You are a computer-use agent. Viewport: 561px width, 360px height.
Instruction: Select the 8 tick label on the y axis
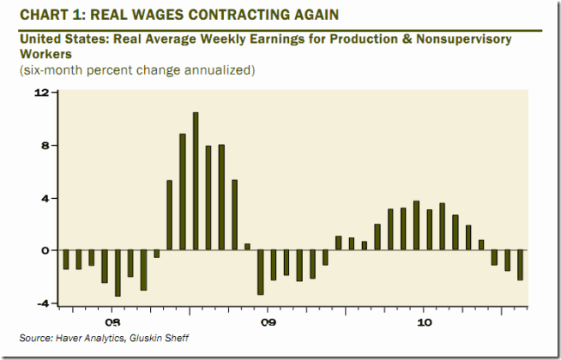tap(43, 145)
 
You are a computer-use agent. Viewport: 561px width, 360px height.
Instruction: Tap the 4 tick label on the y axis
tap(43, 198)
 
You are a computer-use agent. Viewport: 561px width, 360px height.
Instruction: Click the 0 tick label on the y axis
tap(43, 250)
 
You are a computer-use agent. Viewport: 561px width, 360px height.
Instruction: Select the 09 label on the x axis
tap(268, 323)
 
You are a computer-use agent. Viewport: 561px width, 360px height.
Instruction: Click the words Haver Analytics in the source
tap(94, 338)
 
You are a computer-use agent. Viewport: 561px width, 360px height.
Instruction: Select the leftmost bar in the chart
tap(65, 260)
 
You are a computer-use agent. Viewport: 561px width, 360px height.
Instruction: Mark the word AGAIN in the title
tap(287, 14)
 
